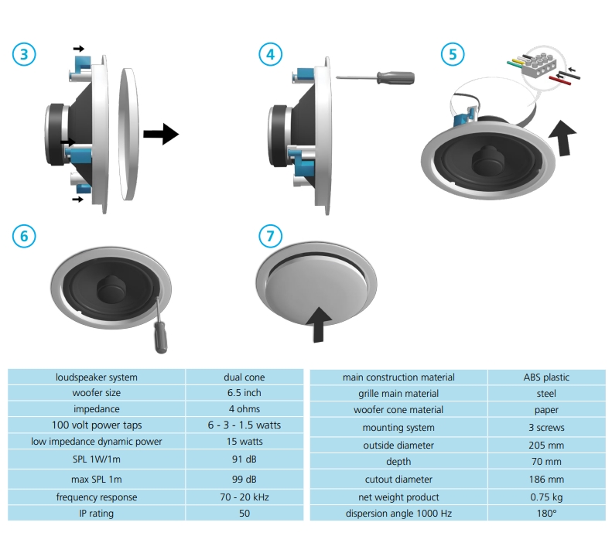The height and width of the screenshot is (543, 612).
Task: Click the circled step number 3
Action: pyautogui.click(x=24, y=54)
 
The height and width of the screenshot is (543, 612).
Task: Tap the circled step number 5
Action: pyautogui.click(x=453, y=54)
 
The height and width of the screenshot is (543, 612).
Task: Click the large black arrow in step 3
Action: pyautogui.click(x=161, y=134)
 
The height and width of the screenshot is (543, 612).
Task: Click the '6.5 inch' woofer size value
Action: pyautogui.click(x=244, y=393)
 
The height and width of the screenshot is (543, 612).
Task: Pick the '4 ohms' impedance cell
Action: pyautogui.click(x=244, y=409)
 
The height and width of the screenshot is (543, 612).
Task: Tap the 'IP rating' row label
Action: pyautogui.click(x=97, y=513)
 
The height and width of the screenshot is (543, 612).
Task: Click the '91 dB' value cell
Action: pyautogui.click(x=244, y=457)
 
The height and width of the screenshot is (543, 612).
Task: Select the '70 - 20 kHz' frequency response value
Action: pyautogui.click(x=244, y=497)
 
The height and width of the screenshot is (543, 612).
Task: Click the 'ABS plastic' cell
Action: pyautogui.click(x=546, y=377)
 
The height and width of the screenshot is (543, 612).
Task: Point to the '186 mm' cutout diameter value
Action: pyautogui.click(x=546, y=480)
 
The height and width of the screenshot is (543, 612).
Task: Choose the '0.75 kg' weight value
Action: pyautogui.click(x=546, y=497)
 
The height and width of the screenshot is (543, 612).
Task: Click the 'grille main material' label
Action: pyautogui.click(x=398, y=394)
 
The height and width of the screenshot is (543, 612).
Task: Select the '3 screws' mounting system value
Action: pyautogui.click(x=546, y=428)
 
